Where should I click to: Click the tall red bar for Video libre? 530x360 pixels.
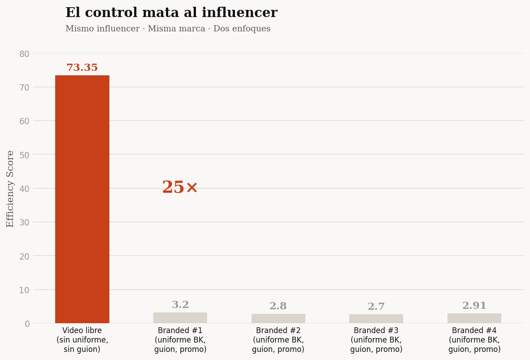(82, 199)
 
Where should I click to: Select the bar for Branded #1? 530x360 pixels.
(180, 318)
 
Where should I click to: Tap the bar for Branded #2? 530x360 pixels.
(278, 318)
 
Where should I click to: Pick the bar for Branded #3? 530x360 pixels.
(376, 319)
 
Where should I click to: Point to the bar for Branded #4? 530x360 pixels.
(474, 318)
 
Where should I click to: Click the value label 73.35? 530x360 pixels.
(82, 68)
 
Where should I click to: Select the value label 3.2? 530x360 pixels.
(180, 305)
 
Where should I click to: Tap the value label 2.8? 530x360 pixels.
(278, 306)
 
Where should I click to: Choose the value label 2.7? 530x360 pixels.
(376, 307)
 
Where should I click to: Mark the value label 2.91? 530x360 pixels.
(474, 306)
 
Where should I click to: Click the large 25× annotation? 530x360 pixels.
(180, 187)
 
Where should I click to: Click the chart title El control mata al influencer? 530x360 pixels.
(171, 13)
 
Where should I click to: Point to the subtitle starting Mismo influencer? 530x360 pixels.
(168, 29)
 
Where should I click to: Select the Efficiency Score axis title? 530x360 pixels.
(10, 188)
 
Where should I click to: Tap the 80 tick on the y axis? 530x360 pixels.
(24, 54)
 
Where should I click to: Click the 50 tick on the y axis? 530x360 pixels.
(24, 155)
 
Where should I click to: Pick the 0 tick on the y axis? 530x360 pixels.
(27, 324)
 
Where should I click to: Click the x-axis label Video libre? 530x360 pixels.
(82, 340)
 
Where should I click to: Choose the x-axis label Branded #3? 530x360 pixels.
(376, 340)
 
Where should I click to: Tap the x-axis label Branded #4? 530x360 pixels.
(474, 340)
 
